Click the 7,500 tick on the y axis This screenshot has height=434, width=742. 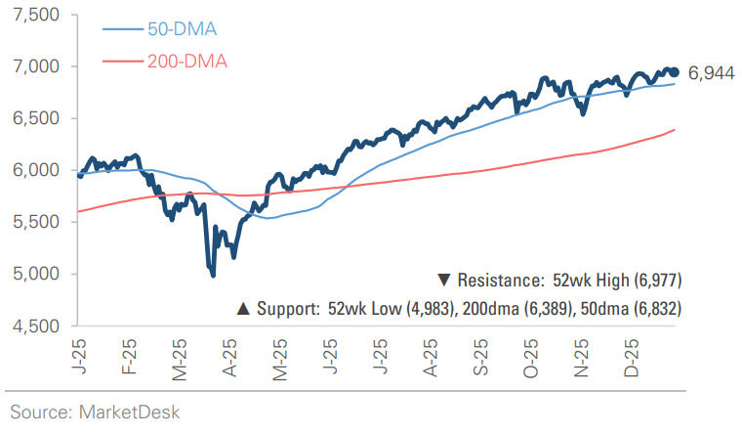point(37,15)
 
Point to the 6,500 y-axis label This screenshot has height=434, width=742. point(37,118)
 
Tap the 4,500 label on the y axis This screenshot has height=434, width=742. point(37,325)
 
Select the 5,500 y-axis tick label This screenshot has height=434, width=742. point(37,222)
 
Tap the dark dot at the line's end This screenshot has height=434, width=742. point(675,71)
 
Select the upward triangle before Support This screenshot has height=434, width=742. point(243,309)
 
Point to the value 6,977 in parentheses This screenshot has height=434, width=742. point(653,281)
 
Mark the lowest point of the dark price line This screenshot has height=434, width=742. point(213,276)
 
